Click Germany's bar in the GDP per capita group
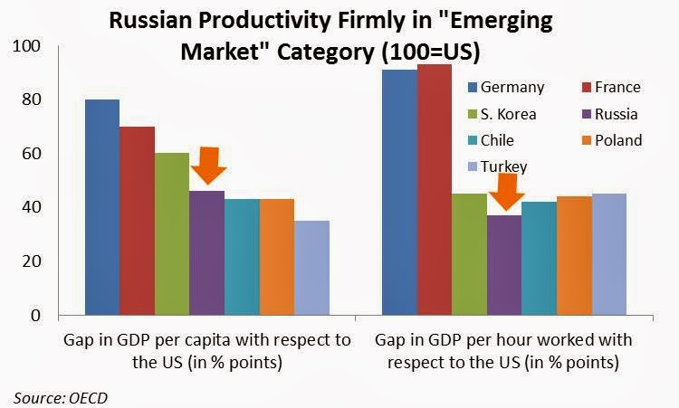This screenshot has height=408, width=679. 102,207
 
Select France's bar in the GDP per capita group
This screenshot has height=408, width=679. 138,221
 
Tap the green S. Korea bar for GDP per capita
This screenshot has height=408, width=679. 172,234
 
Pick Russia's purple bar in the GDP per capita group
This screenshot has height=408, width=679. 207,253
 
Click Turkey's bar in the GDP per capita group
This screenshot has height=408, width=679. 312,268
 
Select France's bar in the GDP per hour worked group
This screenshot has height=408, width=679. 435,189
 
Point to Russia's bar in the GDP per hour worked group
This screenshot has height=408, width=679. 504,265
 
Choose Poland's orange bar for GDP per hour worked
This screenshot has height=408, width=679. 574,256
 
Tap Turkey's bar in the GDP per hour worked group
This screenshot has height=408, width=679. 609,254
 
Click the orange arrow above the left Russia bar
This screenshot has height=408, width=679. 209,166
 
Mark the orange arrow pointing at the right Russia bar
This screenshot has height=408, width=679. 506,192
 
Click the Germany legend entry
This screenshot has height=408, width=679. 506,88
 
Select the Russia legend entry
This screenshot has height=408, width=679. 609,114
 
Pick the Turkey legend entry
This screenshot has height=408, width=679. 498,167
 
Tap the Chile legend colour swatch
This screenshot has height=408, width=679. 473,140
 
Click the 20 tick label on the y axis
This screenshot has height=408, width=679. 32,261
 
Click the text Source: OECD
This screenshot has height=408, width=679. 60,398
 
